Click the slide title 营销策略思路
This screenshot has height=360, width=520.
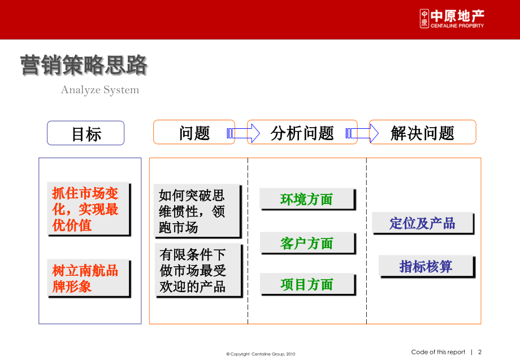pos(84,66)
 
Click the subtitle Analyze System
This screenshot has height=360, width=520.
pos(99,90)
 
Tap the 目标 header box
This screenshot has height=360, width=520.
pos(86,133)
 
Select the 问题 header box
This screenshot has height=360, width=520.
pos(194,133)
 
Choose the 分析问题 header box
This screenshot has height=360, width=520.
pos(302,133)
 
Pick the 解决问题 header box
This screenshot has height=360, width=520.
pos(423,133)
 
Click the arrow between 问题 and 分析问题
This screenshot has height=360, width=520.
pos(242,133)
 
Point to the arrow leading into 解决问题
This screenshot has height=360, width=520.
pos(363,133)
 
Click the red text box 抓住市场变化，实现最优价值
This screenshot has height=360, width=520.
pos(87,209)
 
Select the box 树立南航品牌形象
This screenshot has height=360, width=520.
pos(87,278)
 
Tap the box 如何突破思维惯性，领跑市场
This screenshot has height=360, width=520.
pos(197,211)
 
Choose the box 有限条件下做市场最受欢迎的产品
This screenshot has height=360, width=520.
pos(197,271)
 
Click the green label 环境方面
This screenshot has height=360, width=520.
pos(307,199)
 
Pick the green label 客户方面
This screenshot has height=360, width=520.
pos(307,243)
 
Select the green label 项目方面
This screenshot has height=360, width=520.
pos(307,284)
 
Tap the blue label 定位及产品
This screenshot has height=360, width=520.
pos(422,223)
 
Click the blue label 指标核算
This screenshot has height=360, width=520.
pos(426,266)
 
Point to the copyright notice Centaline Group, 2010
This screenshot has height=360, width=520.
pos(261,354)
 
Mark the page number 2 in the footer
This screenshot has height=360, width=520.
pos(480,352)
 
